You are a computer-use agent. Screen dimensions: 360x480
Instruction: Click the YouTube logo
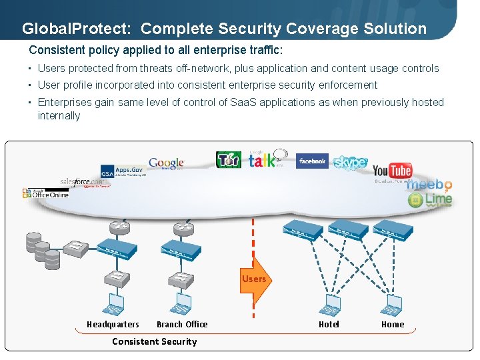pos(392,171)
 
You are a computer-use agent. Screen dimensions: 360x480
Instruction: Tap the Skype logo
pos(349,163)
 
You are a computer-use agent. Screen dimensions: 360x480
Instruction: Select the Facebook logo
pos(312,161)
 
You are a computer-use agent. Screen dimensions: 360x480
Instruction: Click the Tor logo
pos(228,160)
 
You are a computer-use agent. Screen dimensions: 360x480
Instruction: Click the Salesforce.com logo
pos(84,182)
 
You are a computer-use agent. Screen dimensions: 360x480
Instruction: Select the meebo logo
pos(429,185)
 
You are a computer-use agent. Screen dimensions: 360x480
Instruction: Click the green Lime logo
pos(430,199)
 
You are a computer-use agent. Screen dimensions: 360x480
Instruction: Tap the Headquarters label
pos(113,325)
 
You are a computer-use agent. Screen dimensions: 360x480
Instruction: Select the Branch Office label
pos(182,325)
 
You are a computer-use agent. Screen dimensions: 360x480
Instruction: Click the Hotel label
pos(329,325)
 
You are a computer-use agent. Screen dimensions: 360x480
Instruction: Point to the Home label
pos(392,325)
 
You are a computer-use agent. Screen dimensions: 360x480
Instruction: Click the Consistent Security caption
pos(154,341)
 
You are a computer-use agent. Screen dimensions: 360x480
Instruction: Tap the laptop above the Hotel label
pos(331,306)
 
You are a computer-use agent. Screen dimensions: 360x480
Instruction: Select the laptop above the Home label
pos(391,306)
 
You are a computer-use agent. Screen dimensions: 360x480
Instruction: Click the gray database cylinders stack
pos(42,249)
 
